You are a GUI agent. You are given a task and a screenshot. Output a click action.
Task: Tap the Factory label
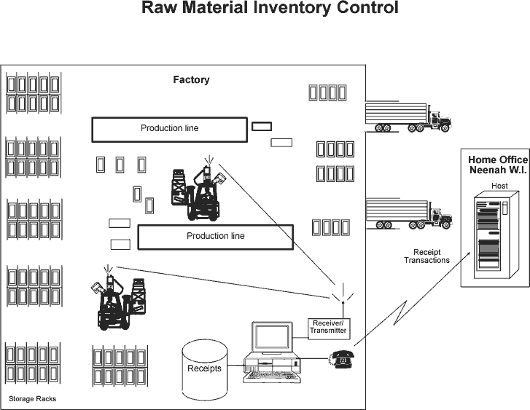(x=190, y=79)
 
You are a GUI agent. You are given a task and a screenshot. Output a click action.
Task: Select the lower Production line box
(x=215, y=237)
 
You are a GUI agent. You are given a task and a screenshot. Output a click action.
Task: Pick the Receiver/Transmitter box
(x=327, y=327)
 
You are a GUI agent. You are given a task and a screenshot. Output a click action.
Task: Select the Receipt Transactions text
(x=426, y=256)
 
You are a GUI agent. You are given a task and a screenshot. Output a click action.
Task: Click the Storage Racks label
(x=32, y=399)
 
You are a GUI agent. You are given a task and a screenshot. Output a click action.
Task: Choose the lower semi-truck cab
(x=440, y=216)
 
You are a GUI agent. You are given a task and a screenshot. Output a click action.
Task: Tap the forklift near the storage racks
(x=120, y=300)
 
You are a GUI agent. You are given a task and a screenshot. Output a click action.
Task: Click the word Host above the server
(x=499, y=185)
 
